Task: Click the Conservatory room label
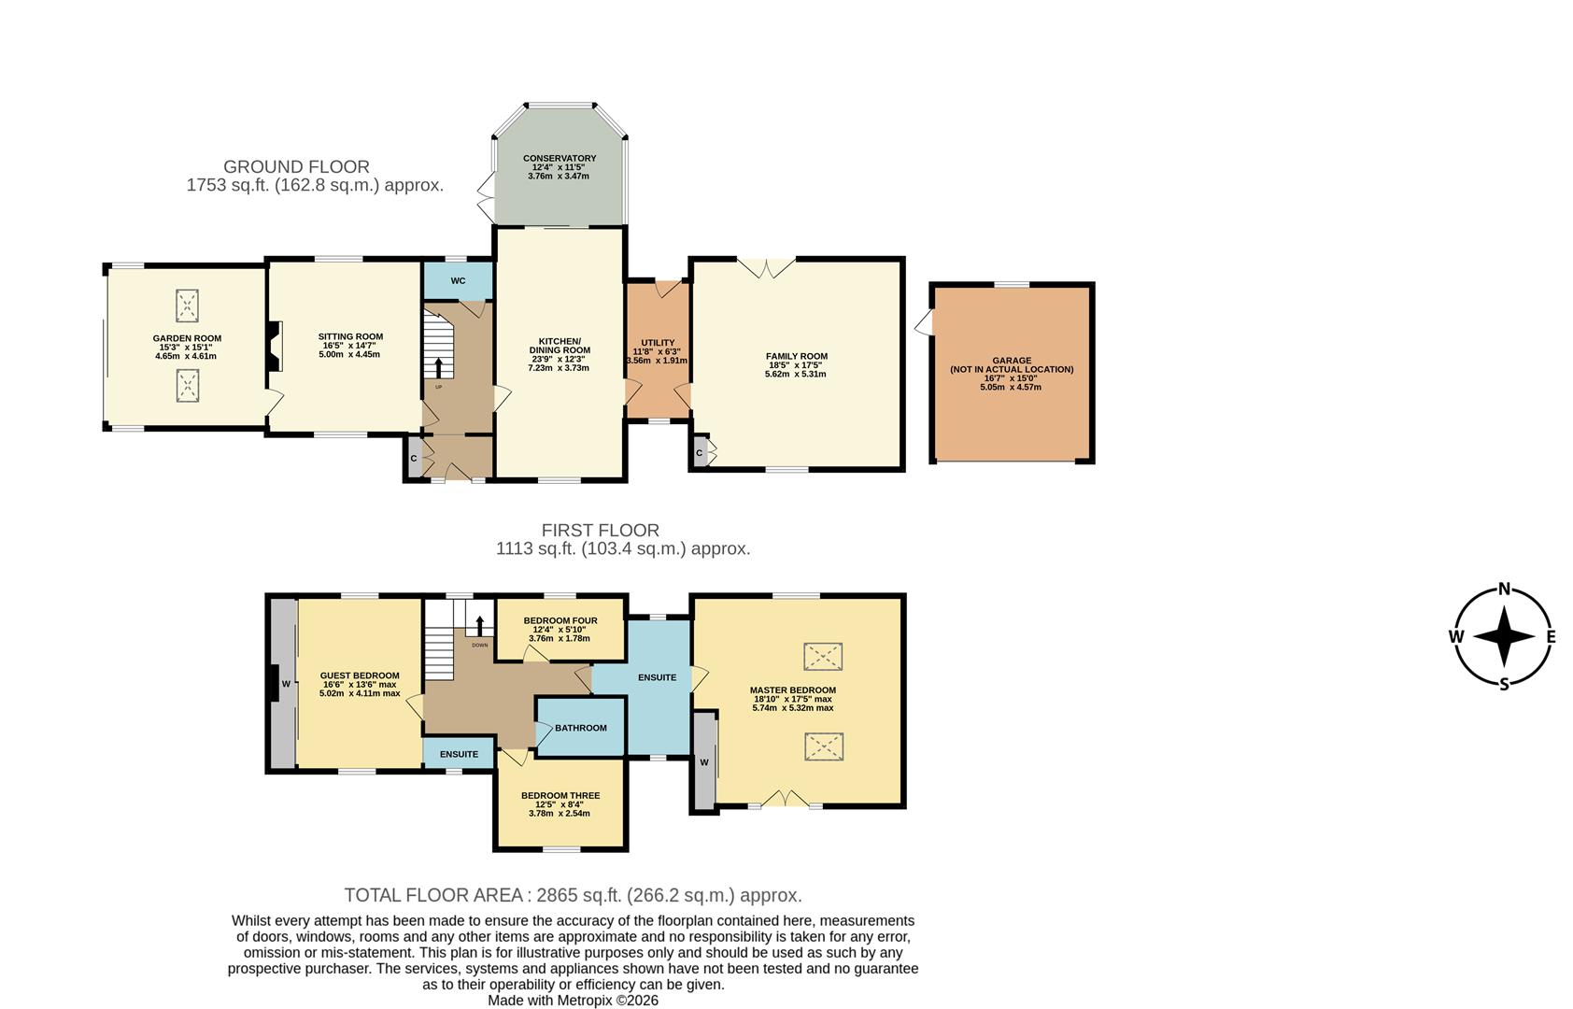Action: point(560,159)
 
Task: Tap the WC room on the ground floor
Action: point(458,280)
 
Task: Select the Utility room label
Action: point(658,343)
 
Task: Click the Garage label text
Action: point(1012,361)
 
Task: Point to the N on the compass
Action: point(1504,589)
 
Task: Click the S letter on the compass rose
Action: point(1504,685)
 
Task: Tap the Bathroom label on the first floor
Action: point(580,728)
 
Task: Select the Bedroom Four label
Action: point(560,620)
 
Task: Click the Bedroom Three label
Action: point(560,796)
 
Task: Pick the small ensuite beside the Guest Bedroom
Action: point(459,754)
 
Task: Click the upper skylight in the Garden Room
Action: point(188,305)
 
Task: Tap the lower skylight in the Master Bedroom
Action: point(823,747)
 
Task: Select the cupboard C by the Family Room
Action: point(700,453)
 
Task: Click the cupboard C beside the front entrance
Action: point(413,459)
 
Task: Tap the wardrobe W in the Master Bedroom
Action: point(703,762)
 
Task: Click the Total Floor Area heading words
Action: point(433,895)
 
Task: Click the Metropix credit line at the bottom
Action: point(573,1000)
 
